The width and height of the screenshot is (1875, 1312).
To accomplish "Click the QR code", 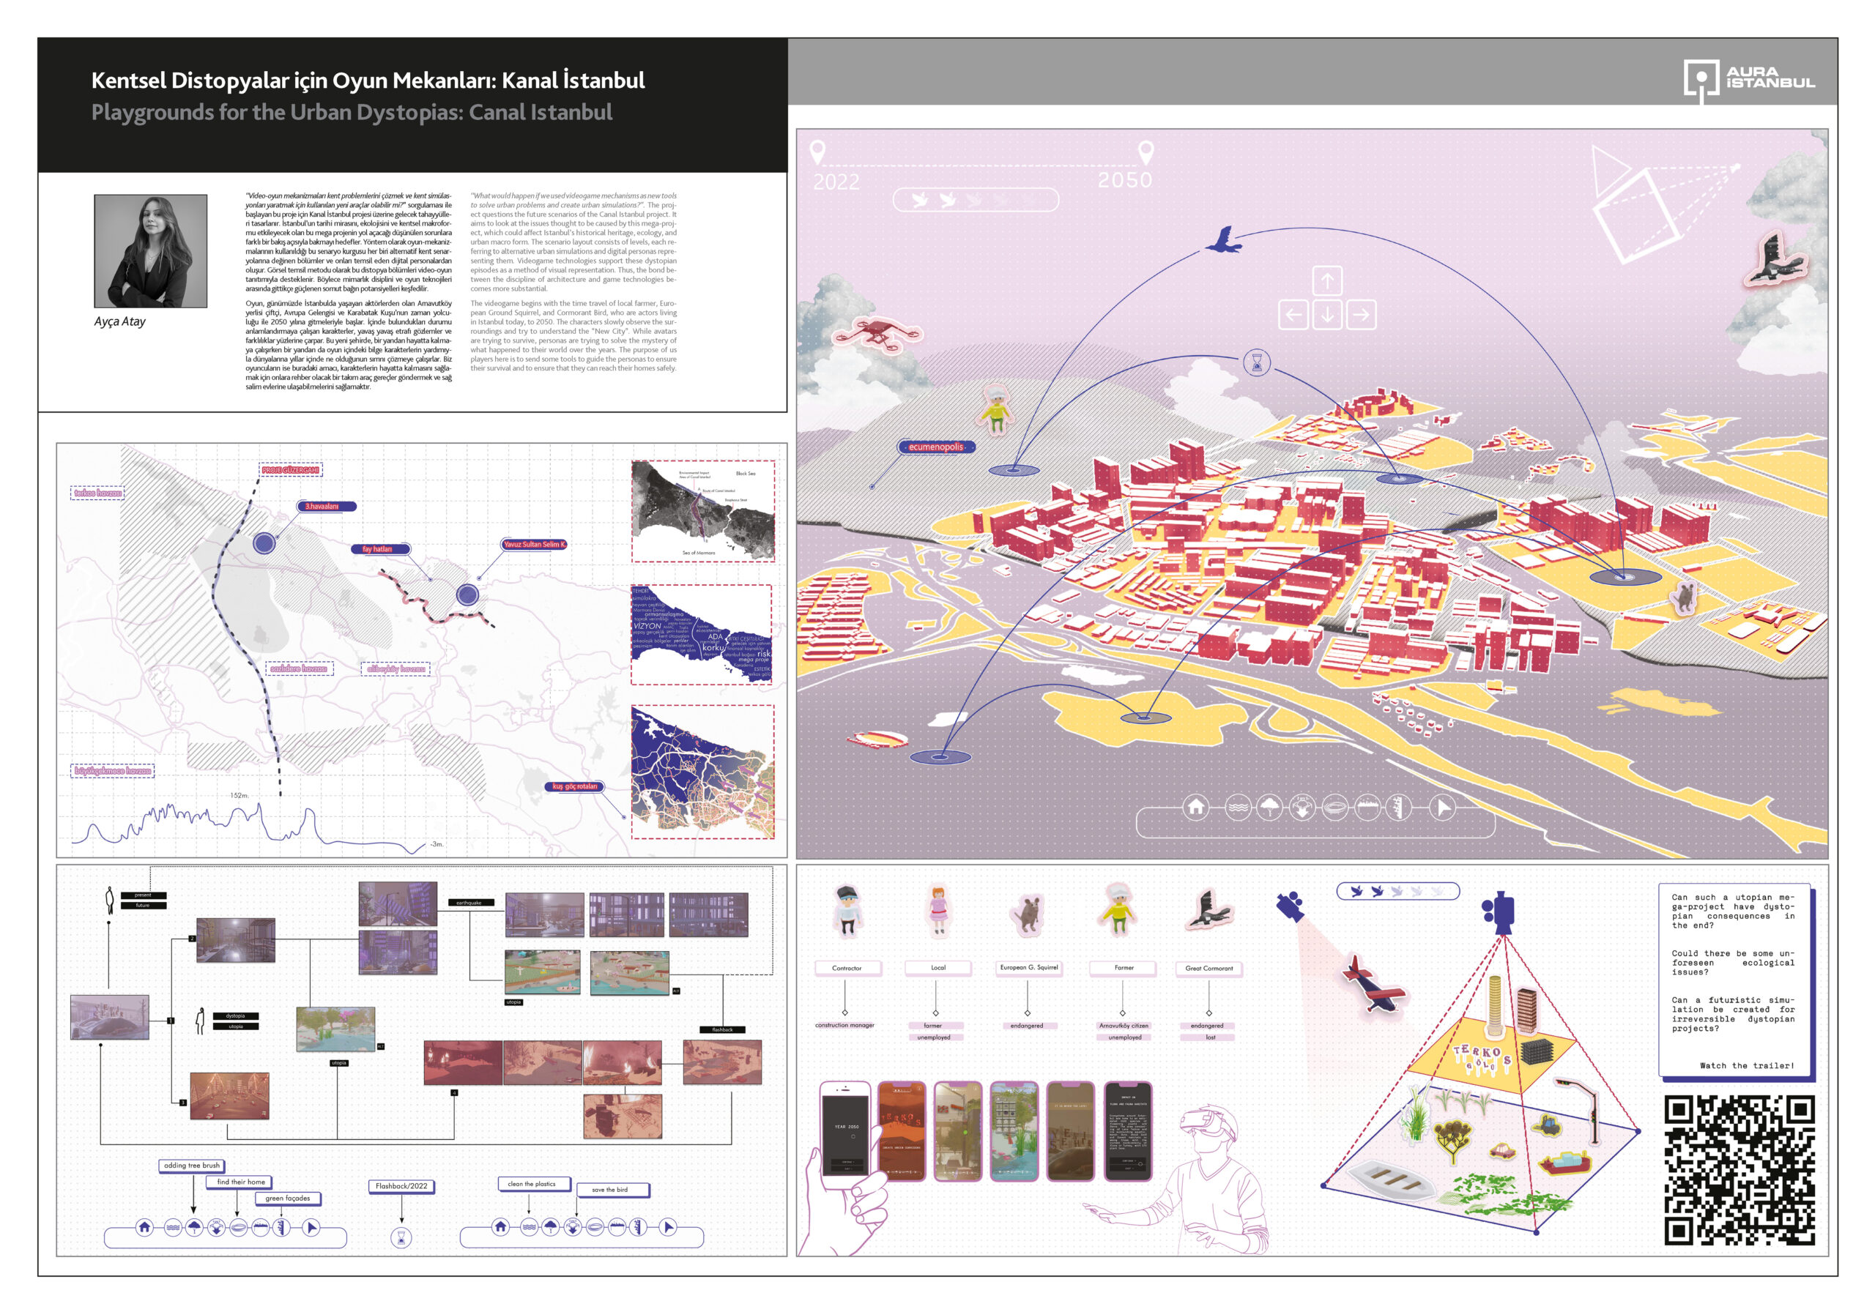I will click(1739, 1169).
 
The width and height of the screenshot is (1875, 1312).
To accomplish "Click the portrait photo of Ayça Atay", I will click(150, 250).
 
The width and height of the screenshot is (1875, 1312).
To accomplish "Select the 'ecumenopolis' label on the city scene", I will click(936, 447).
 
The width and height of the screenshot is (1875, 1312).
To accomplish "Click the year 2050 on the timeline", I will click(1124, 179).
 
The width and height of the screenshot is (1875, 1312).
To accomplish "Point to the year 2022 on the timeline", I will click(836, 182).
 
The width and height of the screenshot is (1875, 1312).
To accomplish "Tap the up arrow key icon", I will click(1327, 282).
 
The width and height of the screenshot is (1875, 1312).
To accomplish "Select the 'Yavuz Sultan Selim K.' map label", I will click(534, 544).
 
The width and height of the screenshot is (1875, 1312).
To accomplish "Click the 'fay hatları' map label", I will click(378, 548).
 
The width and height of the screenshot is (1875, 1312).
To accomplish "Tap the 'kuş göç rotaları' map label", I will click(575, 786).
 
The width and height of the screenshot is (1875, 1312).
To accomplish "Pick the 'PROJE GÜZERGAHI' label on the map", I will click(291, 469).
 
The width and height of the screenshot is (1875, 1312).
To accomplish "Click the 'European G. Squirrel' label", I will click(1028, 967).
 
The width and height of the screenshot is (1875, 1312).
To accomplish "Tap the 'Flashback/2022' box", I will click(402, 1185).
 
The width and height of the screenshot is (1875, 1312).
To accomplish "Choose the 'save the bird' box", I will click(611, 1190).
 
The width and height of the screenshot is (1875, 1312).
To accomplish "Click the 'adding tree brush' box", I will click(192, 1165).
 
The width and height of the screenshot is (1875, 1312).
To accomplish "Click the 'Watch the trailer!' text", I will click(1746, 1065).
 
